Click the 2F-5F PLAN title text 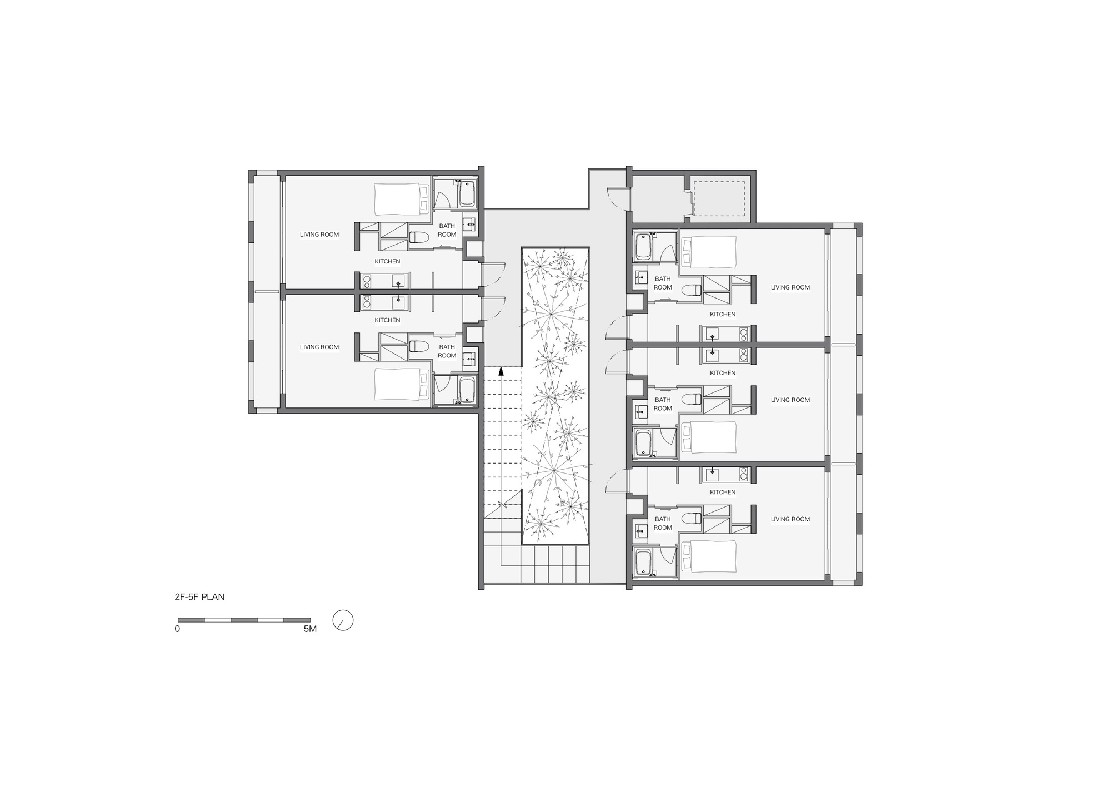(x=199, y=597)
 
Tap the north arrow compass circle (x=343, y=620)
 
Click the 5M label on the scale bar (x=310, y=629)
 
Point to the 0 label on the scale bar (x=177, y=629)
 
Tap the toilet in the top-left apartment (x=419, y=237)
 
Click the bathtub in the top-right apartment (x=643, y=246)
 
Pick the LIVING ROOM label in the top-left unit (x=319, y=235)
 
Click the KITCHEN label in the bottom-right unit (x=723, y=492)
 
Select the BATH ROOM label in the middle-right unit (x=663, y=404)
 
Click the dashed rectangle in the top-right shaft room (x=719, y=198)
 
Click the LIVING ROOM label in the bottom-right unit (x=790, y=519)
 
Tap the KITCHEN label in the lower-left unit (x=387, y=320)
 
